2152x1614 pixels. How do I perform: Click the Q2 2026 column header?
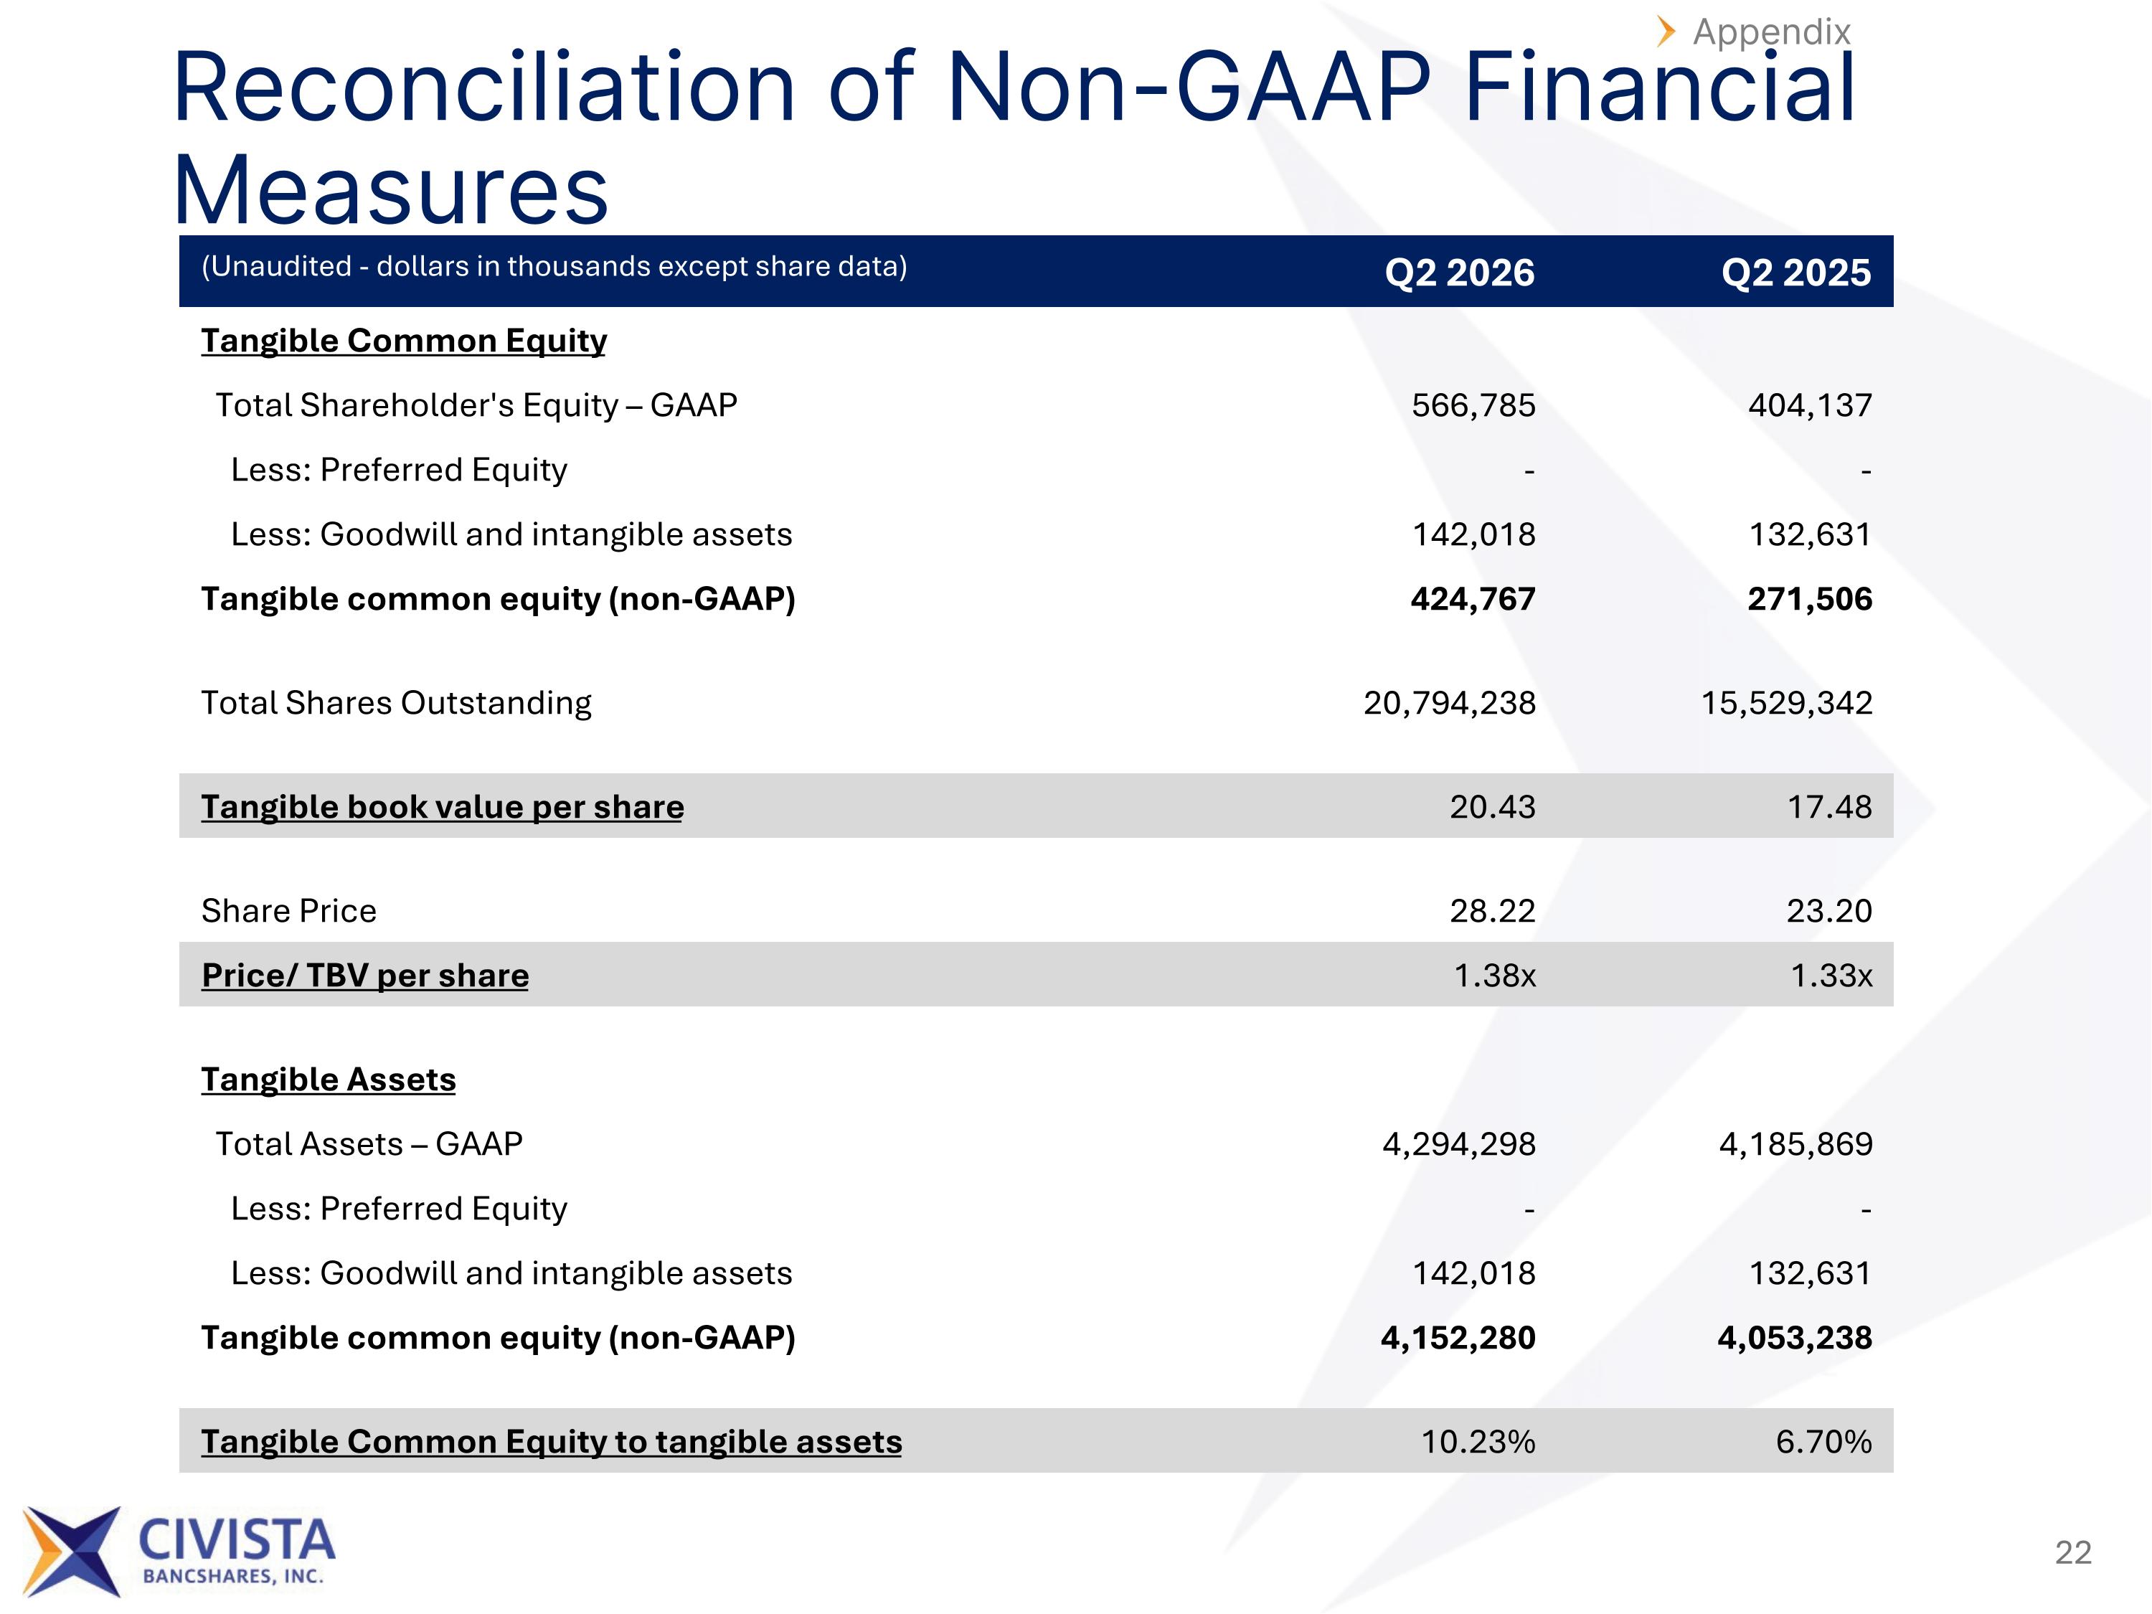(x=1459, y=273)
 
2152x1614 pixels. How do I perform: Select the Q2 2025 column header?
(x=1796, y=273)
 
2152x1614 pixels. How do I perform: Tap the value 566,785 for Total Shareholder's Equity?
(x=1474, y=405)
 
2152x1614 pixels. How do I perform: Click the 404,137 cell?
(x=1811, y=405)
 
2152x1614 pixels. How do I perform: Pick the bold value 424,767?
(x=1473, y=598)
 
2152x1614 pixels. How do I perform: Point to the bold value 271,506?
(x=1810, y=598)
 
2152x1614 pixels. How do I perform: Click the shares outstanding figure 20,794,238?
(x=1450, y=702)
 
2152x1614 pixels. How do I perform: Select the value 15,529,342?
(x=1786, y=702)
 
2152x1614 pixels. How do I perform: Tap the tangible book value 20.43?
(x=1492, y=806)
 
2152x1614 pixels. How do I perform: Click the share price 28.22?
(x=1492, y=910)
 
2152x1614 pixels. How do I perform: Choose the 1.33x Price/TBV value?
(x=1831, y=975)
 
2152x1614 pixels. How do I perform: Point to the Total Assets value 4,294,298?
(x=1459, y=1144)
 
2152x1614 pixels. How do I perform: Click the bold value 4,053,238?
(x=1795, y=1338)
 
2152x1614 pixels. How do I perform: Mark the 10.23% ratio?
(x=1478, y=1442)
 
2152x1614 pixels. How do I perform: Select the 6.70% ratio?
(x=1824, y=1442)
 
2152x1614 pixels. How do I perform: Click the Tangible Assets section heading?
(x=328, y=1079)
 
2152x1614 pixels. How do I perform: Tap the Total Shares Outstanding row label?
(x=396, y=702)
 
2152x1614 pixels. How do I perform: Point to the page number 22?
(x=2073, y=1552)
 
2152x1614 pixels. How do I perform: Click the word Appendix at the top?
(x=1772, y=32)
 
